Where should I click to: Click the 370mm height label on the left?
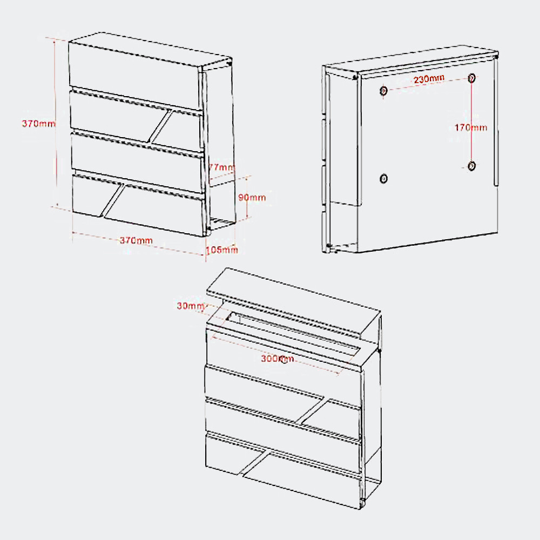[x=38, y=123]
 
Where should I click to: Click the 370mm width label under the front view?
[x=136, y=240]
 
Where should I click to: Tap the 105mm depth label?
[x=222, y=249]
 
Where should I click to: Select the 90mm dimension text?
[x=252, y=197]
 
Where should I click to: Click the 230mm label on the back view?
[x=429, y=79]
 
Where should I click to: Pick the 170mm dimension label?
[x=471, y=128]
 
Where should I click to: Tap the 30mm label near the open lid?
[x=191, y=306]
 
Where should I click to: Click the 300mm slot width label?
[x=277, y=359]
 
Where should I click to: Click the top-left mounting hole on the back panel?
[x=383, y=91]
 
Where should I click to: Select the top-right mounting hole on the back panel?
[x=472, y=78]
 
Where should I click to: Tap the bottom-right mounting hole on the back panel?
[x=472, y=166]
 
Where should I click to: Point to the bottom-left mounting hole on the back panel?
[x=383, y=179]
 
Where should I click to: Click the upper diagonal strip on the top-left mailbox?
[x=161, y=126]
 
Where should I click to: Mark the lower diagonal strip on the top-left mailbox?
[x=113, y=201]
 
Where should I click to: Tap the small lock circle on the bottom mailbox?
[x=283, y=361]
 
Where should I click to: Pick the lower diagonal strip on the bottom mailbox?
[x=255, y=463]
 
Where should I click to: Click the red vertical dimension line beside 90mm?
[x=247, y=197]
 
